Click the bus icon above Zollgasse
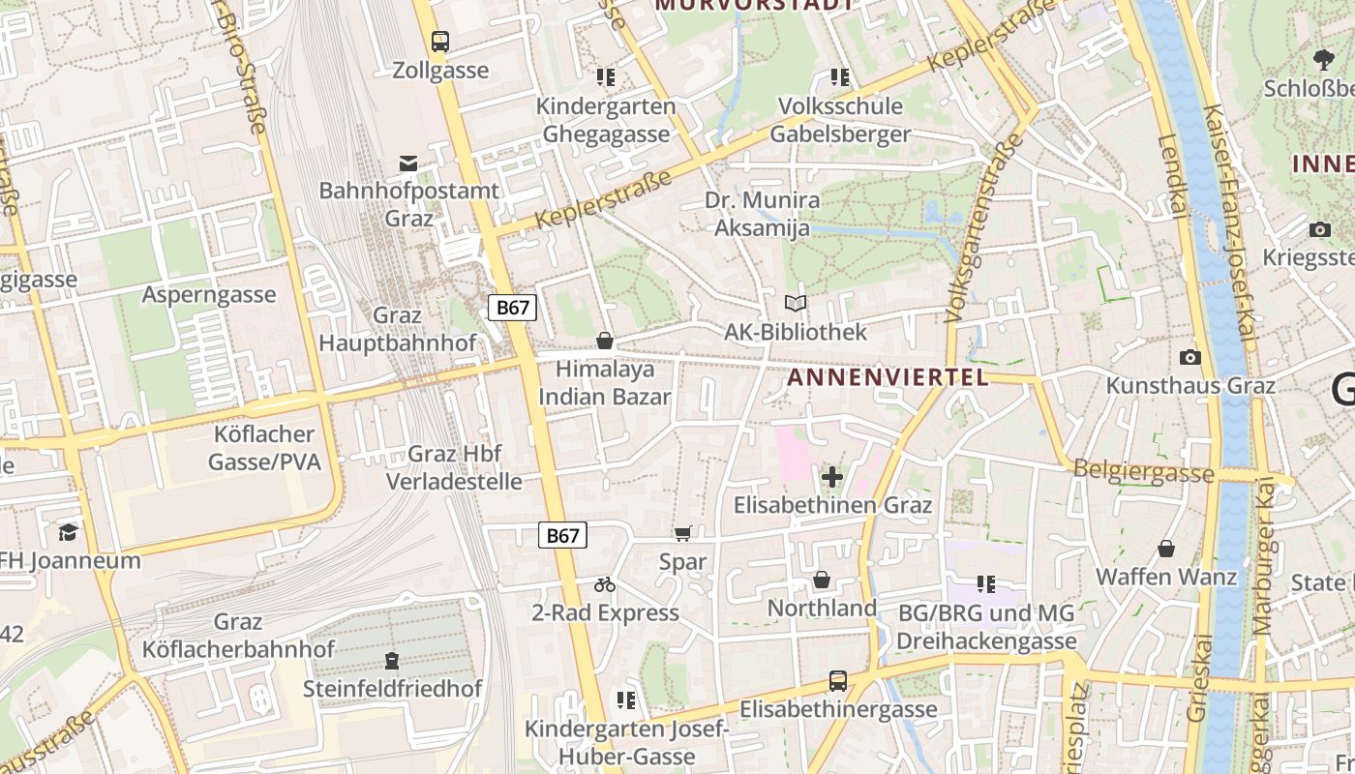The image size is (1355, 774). pyautogui.click(x=440, y=42)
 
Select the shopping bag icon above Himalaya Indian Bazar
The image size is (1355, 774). pyautogui.click(x=605, y=341)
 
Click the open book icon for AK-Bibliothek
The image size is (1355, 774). pyautogui.click(x=796, y=304)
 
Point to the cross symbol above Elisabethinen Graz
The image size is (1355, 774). pyautogui.click(x=832, y=476)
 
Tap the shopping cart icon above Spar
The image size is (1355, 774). pyautogui.click(x=683, y=533)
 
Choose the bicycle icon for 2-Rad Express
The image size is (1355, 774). pyautogui.click(x=605, y=584)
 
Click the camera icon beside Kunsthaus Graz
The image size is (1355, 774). pyautogui.click(x=1190, y=357)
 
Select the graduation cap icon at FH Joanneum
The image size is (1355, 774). pyautogui.click(x=68, y=532)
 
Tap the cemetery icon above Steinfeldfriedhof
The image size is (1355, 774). pyautogui.click(x=392, y=661)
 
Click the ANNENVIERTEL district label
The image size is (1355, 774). pyautogui.click(x=888, y=377)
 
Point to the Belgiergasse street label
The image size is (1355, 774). pyautogui.click(x=1143, y=472)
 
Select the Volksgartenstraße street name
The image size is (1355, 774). pyautogui.click(x=984, y=228)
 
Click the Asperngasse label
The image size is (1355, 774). pyautogui.click(x=209, y=294)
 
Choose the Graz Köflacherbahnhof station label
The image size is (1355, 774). pyautogui.click(x=238, y=636)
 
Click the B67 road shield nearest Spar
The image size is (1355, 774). pyautogui.click(x=562, y=535)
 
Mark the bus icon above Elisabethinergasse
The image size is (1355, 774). pyautogui.click(x=838, y=681)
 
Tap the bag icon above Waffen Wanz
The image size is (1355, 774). pyautogui.click(x=1166, y=549)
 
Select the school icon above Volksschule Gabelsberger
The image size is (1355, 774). pyautogui.click(x=840, y=76)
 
